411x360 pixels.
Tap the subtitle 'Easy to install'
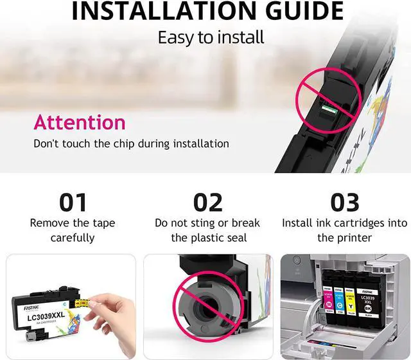(211, 37)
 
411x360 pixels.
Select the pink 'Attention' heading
(80, 122)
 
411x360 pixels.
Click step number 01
(73, 203)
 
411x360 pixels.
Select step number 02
(207, 203)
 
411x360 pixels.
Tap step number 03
(344, 203)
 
